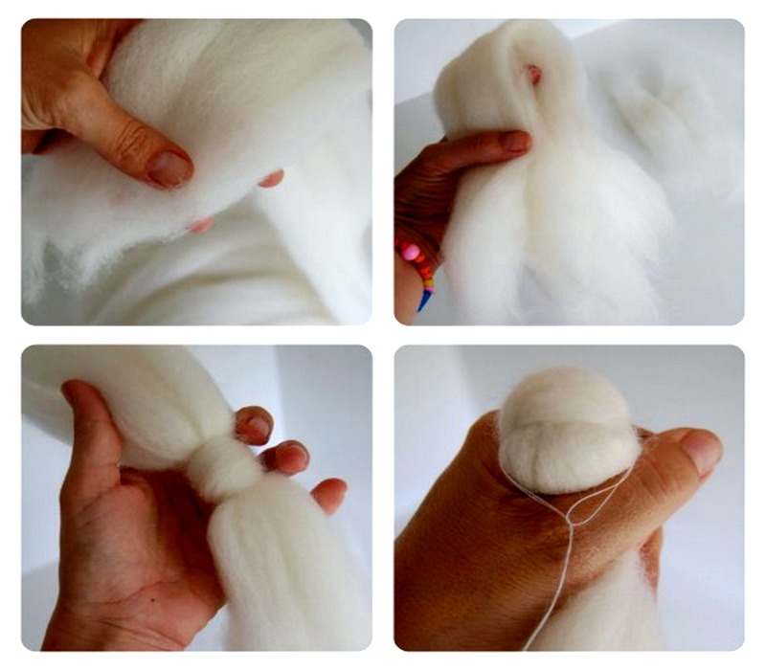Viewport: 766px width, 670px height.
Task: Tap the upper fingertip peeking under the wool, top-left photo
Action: [272, 178]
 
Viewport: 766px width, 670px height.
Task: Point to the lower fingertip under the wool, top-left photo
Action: [200, 226]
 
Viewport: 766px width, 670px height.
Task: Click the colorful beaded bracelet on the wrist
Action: [417, 267]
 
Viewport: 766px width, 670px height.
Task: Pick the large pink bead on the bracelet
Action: [412, 252]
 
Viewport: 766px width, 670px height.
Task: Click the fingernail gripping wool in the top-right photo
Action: [515, 142]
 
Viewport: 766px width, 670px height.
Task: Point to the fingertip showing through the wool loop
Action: [532, 74]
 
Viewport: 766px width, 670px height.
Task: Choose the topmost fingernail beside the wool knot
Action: [255, 426]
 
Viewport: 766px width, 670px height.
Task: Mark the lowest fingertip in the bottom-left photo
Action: [329, 495]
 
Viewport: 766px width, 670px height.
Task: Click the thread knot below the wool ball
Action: [572, 520]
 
